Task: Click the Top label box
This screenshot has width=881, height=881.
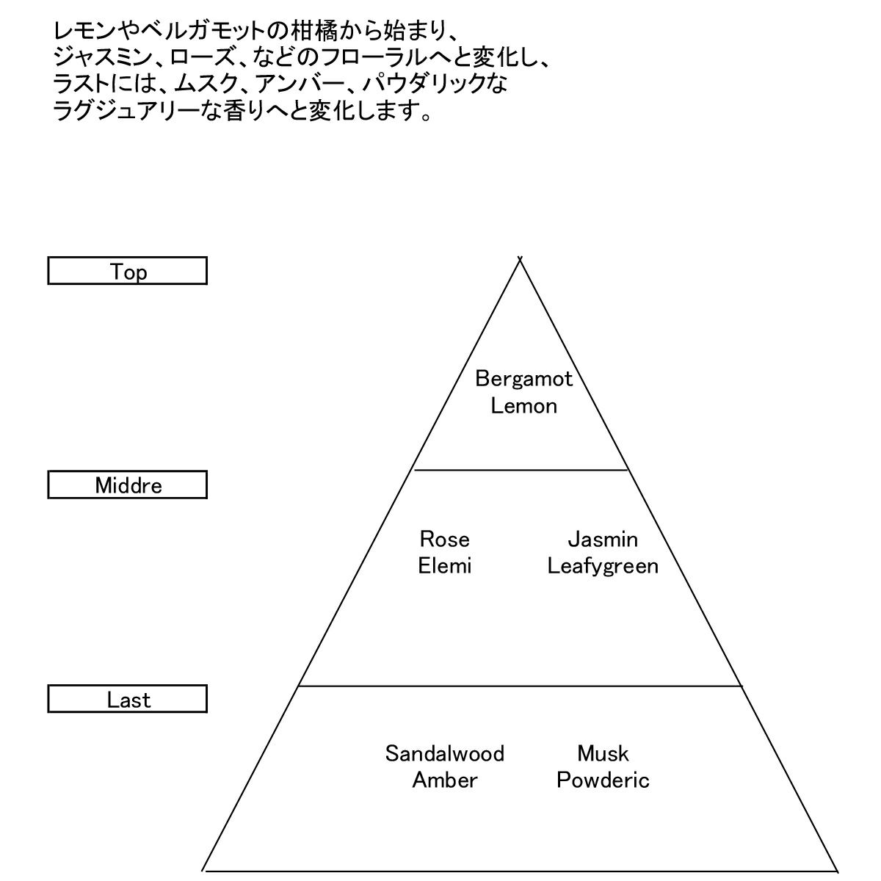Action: (127, 271)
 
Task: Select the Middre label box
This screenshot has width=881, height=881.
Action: (127, 485)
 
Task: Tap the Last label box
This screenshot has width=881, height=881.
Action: (127, 699)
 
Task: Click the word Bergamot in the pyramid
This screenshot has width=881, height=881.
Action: (523, 379)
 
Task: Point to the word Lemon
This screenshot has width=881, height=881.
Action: (523, 405)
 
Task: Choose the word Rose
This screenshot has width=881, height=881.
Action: (444, 540)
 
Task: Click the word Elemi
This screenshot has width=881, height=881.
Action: (444, 566)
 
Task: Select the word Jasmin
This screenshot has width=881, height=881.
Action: (603, 540)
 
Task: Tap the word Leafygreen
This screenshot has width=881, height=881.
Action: (603, 566)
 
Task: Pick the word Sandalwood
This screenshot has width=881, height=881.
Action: (444, 753)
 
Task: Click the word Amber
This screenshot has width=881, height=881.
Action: (444, 780)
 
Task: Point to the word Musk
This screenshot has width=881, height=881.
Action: (603, 753)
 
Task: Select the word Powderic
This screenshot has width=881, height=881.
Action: (603, 780)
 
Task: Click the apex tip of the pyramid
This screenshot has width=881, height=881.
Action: (520, 258)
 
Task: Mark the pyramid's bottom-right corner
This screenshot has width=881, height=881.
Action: (837, 870)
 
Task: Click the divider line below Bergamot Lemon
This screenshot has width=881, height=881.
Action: (521, 470)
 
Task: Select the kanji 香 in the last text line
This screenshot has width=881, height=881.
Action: (239, 112)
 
